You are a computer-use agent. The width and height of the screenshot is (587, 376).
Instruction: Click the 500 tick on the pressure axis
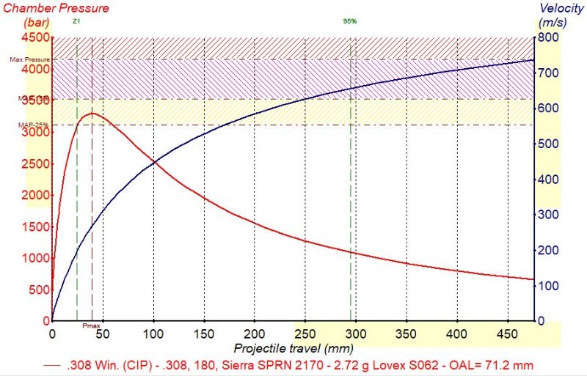coord(37,290)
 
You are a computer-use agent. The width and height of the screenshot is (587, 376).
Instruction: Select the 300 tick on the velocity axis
coord(548,215)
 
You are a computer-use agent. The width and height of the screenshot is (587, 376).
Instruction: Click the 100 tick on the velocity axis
coord(548,286)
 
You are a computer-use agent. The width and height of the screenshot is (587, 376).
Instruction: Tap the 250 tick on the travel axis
coord(305,333)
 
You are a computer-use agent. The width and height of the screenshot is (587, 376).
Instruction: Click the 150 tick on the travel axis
coord(204,333)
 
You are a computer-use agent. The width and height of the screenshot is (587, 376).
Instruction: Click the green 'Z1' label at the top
coord(76,21)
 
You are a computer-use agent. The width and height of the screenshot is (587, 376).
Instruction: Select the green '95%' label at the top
coord(350,21)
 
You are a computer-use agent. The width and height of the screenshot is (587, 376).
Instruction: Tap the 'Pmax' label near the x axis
coord(91,325)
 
